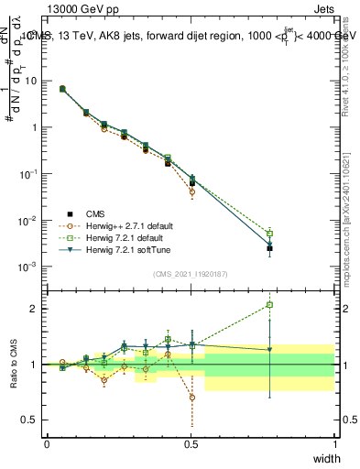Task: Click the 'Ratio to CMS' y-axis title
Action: point(13,364)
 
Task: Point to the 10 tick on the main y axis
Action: point(30,81)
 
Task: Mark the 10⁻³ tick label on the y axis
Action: point(28,267)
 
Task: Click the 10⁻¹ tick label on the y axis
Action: point(28,174)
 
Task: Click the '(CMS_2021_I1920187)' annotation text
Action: point(191,273)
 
